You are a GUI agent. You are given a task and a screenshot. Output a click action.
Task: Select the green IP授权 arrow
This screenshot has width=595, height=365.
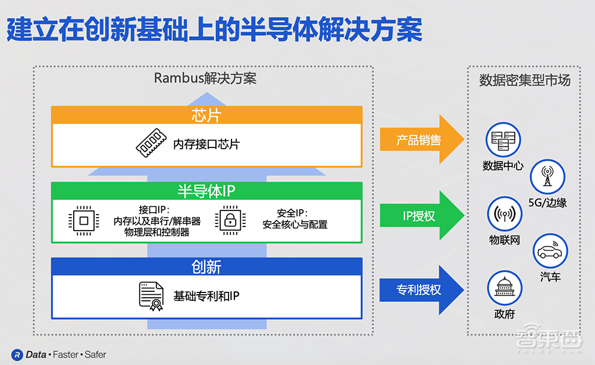click(420, 216)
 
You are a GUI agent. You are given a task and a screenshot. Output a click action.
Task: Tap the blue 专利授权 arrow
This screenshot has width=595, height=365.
click(420, 290)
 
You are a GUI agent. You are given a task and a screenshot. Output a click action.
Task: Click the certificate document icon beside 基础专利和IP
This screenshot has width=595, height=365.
click(151, 295)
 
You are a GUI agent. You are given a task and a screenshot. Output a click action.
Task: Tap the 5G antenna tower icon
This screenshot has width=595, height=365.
click(547, 177)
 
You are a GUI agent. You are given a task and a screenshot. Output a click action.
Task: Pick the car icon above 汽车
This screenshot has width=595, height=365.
click(550, 251)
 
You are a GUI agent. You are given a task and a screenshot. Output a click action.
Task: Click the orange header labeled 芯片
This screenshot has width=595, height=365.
click(206, 115)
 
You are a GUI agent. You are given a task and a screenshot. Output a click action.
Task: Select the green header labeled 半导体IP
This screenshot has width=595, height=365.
click(206, 191)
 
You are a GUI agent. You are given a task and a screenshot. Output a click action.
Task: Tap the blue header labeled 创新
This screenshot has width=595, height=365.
click(206, 266)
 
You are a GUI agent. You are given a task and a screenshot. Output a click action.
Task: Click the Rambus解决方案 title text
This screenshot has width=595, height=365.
click(205, 78)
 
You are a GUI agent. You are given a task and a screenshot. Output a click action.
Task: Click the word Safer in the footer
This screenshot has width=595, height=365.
click(95, 354)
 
